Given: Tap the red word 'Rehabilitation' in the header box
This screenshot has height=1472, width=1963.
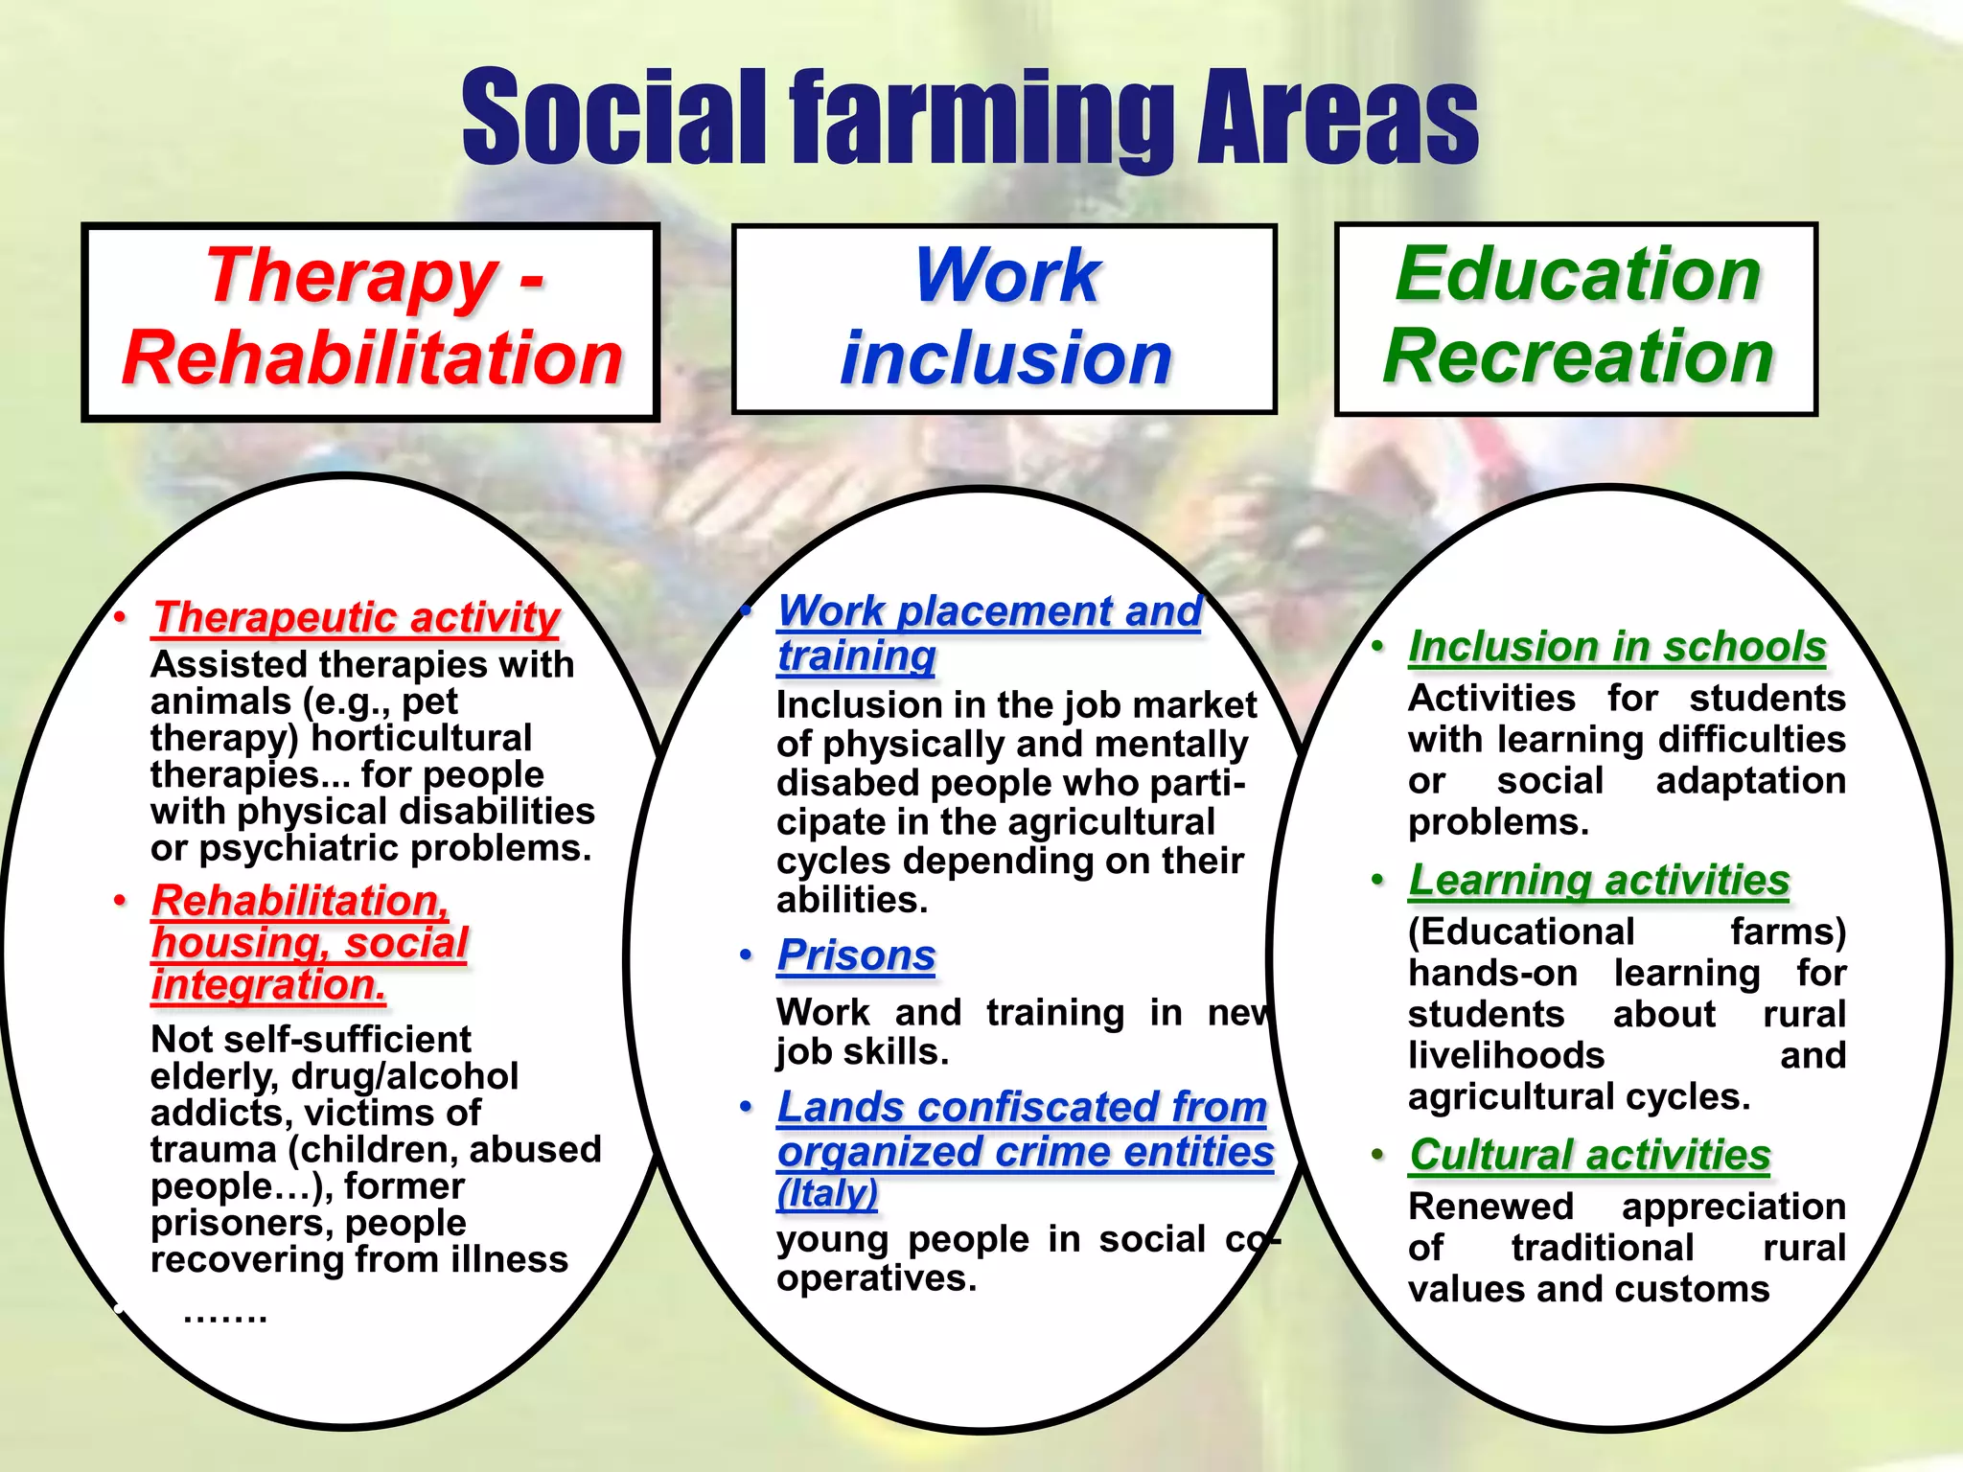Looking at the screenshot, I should pyautogui.click(x=372, y=358).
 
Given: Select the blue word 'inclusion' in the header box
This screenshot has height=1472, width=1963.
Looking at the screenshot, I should pyautogui.click(x=1005, y=358).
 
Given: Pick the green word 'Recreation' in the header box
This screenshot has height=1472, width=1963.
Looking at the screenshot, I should pyautogui.click(x=1578, y=356).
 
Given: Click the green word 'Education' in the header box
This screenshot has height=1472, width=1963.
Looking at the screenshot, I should pyautogui.click(x=1578, y=274).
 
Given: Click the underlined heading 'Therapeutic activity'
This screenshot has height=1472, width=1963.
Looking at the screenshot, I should pyautogui.click(x=356, y=617).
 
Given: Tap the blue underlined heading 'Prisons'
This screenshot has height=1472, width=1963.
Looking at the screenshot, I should pyautogui.click(x=856, y=955).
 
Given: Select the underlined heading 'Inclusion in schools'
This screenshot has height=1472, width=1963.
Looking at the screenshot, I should pyautogui.click(x=1617, y=647).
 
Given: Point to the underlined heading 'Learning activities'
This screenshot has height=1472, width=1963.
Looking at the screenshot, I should pyautogui.click(x=1599, y=880).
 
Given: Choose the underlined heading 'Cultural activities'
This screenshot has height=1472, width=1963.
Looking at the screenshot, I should pyautogui.click(x=1589, y=1155).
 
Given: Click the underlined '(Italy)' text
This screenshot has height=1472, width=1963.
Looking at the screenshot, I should pyautogui.click(x=827, y=1194).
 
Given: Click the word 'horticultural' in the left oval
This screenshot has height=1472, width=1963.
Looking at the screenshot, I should pyautogui.click(x=422, y=738).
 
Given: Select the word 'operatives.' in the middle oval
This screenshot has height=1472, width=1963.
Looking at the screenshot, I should pyautogui.click(x=876, y=1278).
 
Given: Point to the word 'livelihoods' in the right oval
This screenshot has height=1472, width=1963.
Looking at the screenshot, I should pyautogui.click(x=1506, y=1056).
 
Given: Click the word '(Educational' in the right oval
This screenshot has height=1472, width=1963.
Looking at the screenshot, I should pyautogui.click(x=1521, y=931).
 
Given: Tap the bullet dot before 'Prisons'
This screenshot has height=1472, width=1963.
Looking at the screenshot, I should pyautogui.click(x=746, y=955).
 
